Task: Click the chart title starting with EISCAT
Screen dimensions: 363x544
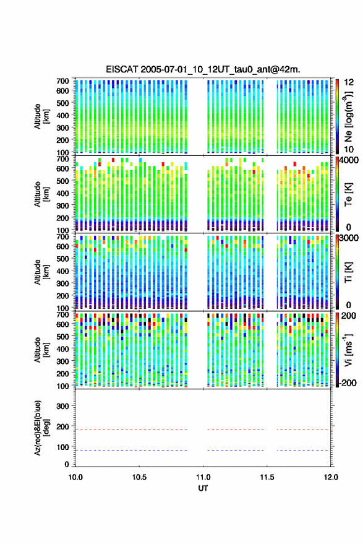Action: [203, 69]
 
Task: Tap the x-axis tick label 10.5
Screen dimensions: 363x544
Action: [139, 477]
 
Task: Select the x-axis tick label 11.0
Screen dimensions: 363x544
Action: [203, 477]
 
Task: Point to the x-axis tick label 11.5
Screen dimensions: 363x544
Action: [267, 477]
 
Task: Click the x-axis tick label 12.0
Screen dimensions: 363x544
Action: [330, 477]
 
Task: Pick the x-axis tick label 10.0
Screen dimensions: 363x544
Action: [75, 477]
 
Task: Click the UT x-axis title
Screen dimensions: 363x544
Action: [203, 488]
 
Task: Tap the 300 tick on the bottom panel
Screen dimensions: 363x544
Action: [62, 406]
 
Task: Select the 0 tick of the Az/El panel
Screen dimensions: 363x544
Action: [67, 464]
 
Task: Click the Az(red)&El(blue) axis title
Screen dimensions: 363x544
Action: [41, 428]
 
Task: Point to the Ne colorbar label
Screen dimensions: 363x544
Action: [348, 116]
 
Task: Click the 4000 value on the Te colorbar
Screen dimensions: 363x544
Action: [349, 161]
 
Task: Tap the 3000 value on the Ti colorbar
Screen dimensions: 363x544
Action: [349, 238]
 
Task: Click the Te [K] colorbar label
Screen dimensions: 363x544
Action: [348, 194]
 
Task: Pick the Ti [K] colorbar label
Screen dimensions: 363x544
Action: [348, 272]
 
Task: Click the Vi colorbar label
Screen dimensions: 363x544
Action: [348, 350]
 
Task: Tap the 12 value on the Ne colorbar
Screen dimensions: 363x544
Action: [349, 82]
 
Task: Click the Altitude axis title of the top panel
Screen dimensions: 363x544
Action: [41, 116]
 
